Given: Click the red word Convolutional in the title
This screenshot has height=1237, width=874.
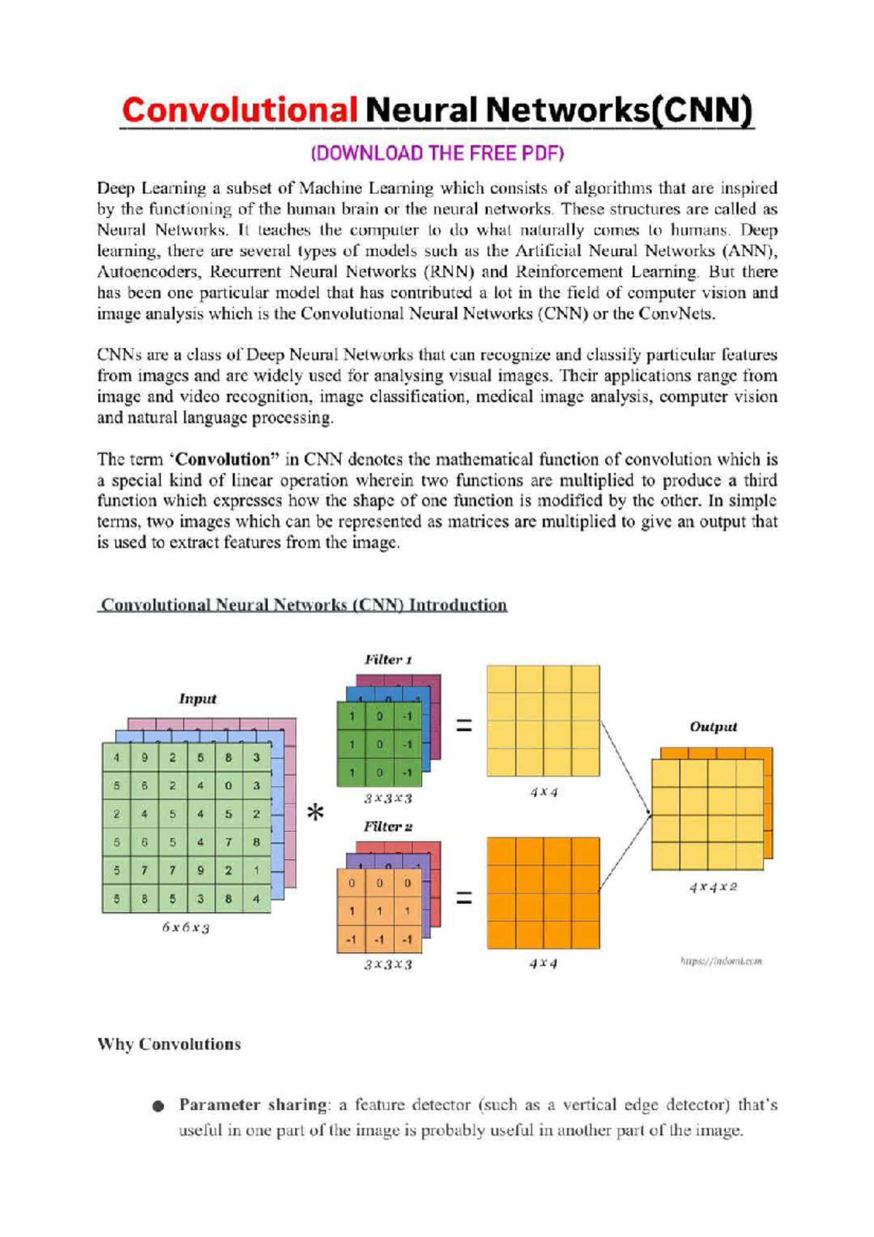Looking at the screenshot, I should coord(239,111).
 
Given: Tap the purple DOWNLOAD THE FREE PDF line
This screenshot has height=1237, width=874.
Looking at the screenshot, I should coord(437,154).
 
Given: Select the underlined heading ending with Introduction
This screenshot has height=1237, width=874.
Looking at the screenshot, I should coord(303,605).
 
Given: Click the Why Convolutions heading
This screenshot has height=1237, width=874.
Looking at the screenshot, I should coord(169,1044).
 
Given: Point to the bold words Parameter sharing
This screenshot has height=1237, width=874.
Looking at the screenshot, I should coord(253,1104).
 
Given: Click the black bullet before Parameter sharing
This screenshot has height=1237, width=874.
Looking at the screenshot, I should coord(159,1106).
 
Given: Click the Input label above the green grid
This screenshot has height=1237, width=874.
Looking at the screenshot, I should coord(197,699).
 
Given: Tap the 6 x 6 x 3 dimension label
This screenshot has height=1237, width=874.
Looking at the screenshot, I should coord(186,928).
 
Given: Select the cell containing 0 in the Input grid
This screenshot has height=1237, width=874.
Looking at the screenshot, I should coord(228,786).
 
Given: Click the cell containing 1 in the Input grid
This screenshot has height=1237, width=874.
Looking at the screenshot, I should coord(256,871).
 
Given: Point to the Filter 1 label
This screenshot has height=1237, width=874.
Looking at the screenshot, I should coord(388,660).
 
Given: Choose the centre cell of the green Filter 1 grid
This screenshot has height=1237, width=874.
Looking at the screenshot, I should coord(379,745).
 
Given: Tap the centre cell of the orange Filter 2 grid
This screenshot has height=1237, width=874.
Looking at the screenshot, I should coord(379,911).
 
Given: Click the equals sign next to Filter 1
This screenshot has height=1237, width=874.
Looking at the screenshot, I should coord(464,726).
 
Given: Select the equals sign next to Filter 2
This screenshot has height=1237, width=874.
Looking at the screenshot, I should coord(464,898).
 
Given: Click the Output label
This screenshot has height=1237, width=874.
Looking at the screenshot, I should coord(713,727).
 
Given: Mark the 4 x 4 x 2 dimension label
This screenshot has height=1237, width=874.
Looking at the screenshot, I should coord(713,887).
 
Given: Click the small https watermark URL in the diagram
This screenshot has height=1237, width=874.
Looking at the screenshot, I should coord(721,962).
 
